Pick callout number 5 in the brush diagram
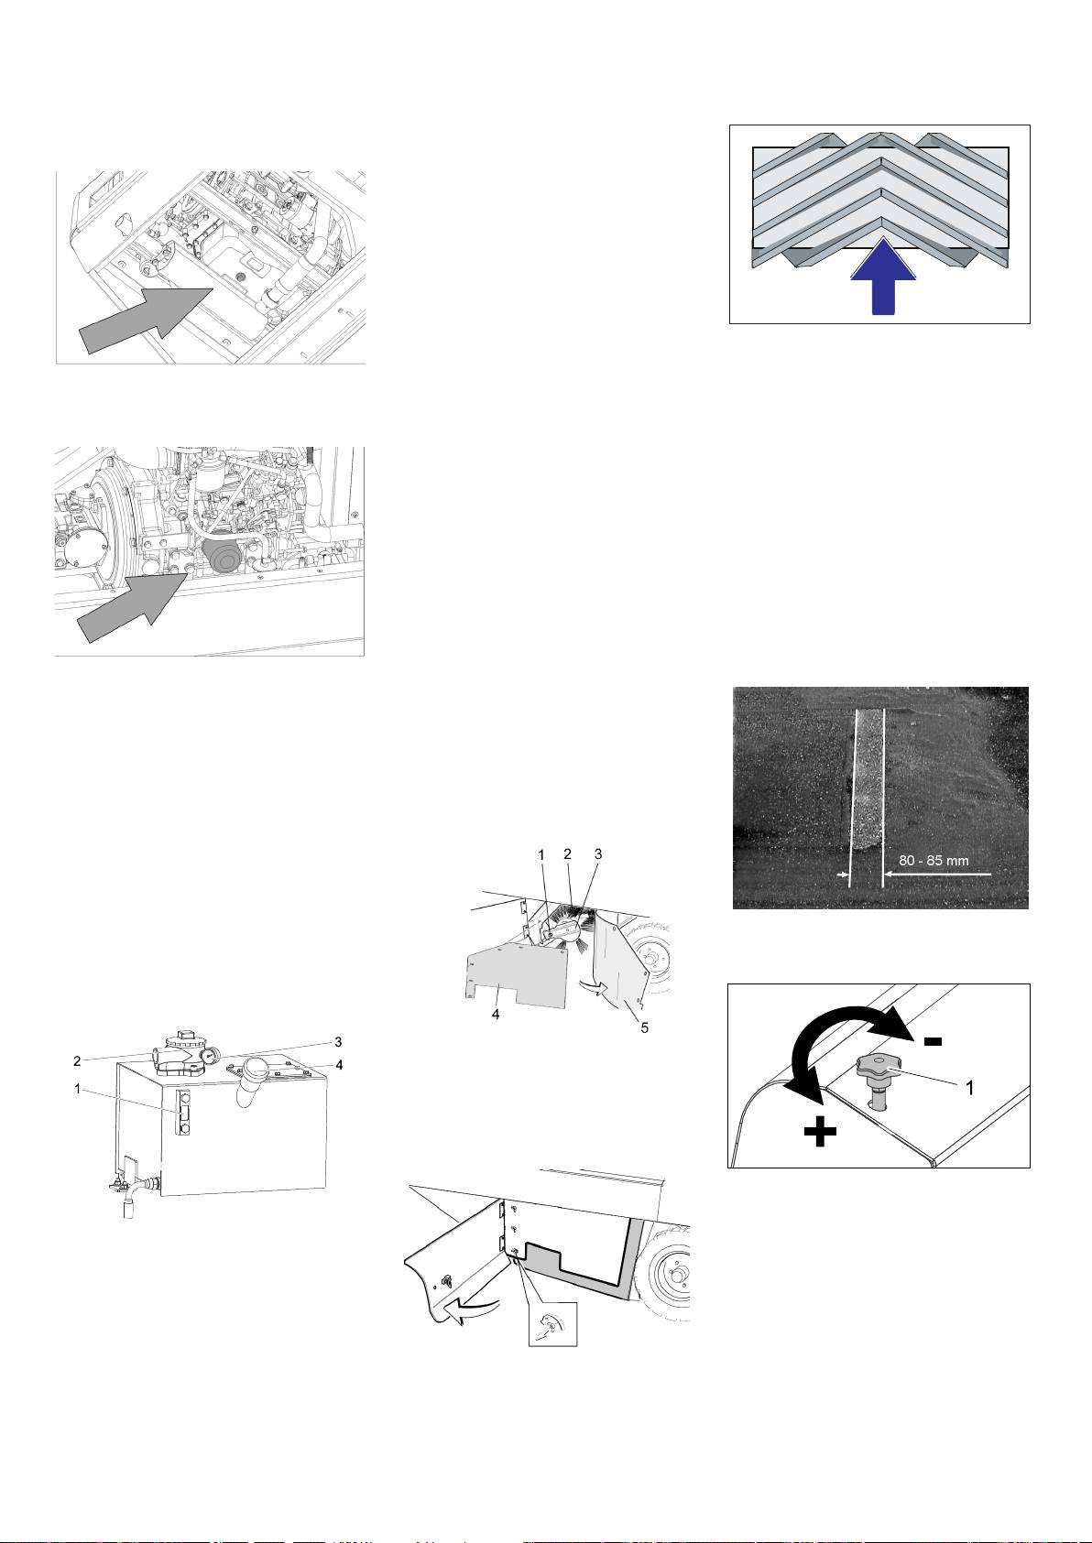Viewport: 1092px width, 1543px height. (645, 1027)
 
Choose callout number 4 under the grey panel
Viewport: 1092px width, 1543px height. (495, 1016)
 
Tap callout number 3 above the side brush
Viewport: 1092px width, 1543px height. (598, 853)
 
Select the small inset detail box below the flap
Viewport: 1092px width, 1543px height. (554, 1323)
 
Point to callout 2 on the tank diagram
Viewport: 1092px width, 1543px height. (77, 1061)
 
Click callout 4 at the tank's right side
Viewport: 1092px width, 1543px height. (339, 1064)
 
